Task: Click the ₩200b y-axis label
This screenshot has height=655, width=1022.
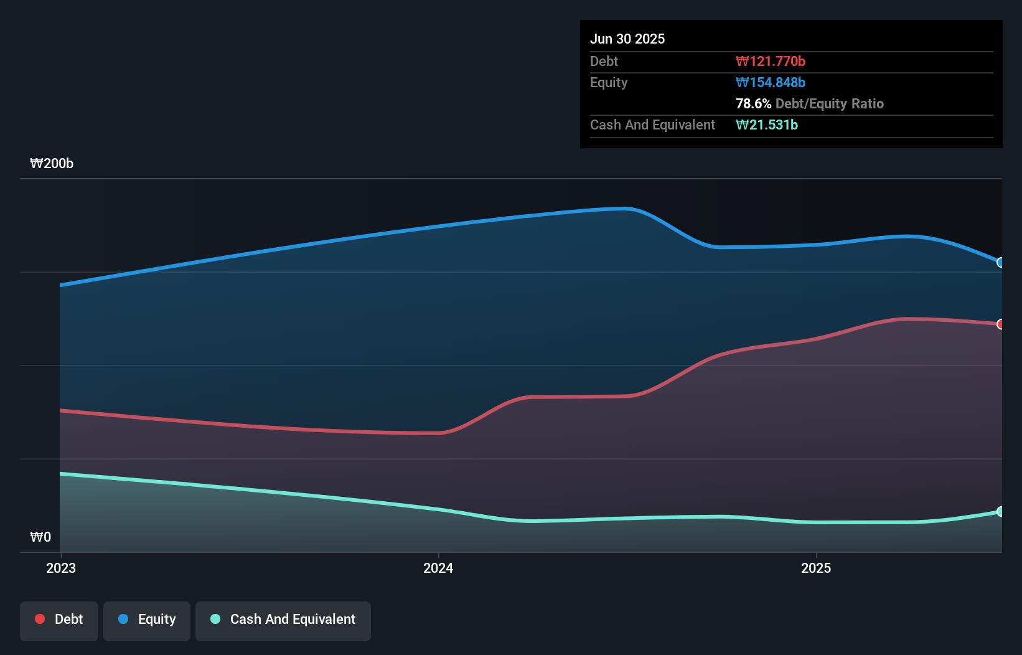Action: pos(52,164)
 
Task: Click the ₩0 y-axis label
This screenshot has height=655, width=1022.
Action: pos(40,537)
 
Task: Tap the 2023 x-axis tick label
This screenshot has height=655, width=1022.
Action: pos(61,568)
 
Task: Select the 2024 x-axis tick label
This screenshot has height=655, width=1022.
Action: pos(438,568)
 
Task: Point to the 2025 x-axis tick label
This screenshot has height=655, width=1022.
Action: pos(816,568)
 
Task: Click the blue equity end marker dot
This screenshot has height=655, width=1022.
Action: pos(1001,263)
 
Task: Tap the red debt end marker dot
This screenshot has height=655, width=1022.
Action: pos(1001,324)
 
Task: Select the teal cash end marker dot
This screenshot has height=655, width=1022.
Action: pos(1001,512)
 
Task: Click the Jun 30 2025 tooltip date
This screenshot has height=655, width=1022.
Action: pos(627,39)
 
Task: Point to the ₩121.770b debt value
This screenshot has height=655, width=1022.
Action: pos(771,62)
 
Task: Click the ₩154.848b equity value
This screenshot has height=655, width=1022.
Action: pos(771,83)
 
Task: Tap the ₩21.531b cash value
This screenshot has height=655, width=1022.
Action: pos(767,125)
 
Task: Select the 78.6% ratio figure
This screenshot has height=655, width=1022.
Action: pos(753,104)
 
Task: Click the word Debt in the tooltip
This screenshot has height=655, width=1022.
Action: pos(604,62)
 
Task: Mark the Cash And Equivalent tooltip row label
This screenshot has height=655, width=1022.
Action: pos(652,125)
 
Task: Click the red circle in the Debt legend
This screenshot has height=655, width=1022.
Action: pos(40,619)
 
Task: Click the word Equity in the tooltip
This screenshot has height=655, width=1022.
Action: pos(609,83)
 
